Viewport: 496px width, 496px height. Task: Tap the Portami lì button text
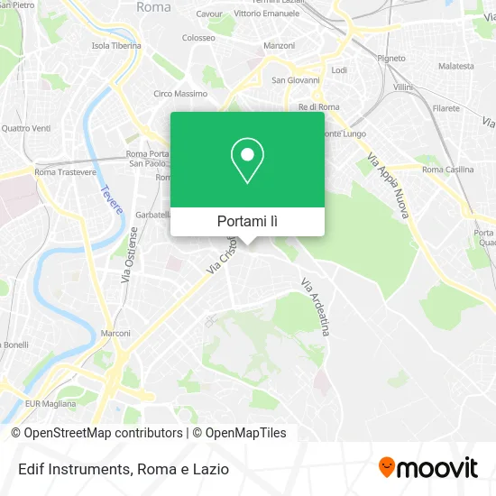coord(247,221)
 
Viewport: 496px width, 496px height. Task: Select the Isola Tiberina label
coord(116,45)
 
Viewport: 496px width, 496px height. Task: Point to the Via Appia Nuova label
coord(389,188)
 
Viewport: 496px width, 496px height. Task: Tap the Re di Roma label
coord(318,107)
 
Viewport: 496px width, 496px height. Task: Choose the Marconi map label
coord(115,333)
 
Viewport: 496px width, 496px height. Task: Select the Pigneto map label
coord(391,57)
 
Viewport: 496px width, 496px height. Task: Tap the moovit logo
coord(428,467)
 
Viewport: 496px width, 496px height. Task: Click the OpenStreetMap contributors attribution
coord(96,433)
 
